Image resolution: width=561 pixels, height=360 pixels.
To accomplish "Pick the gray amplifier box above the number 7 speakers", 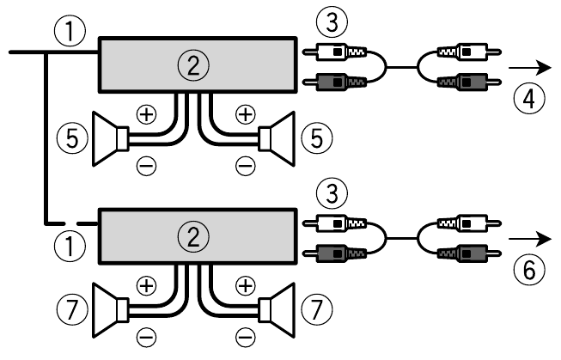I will point(197,235).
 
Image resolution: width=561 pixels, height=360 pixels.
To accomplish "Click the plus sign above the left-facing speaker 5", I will point(147,113).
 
